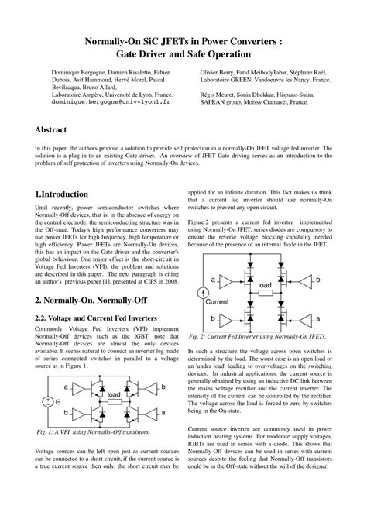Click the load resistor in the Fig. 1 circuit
pos(114,395)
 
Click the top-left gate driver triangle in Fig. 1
pos(80,385)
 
